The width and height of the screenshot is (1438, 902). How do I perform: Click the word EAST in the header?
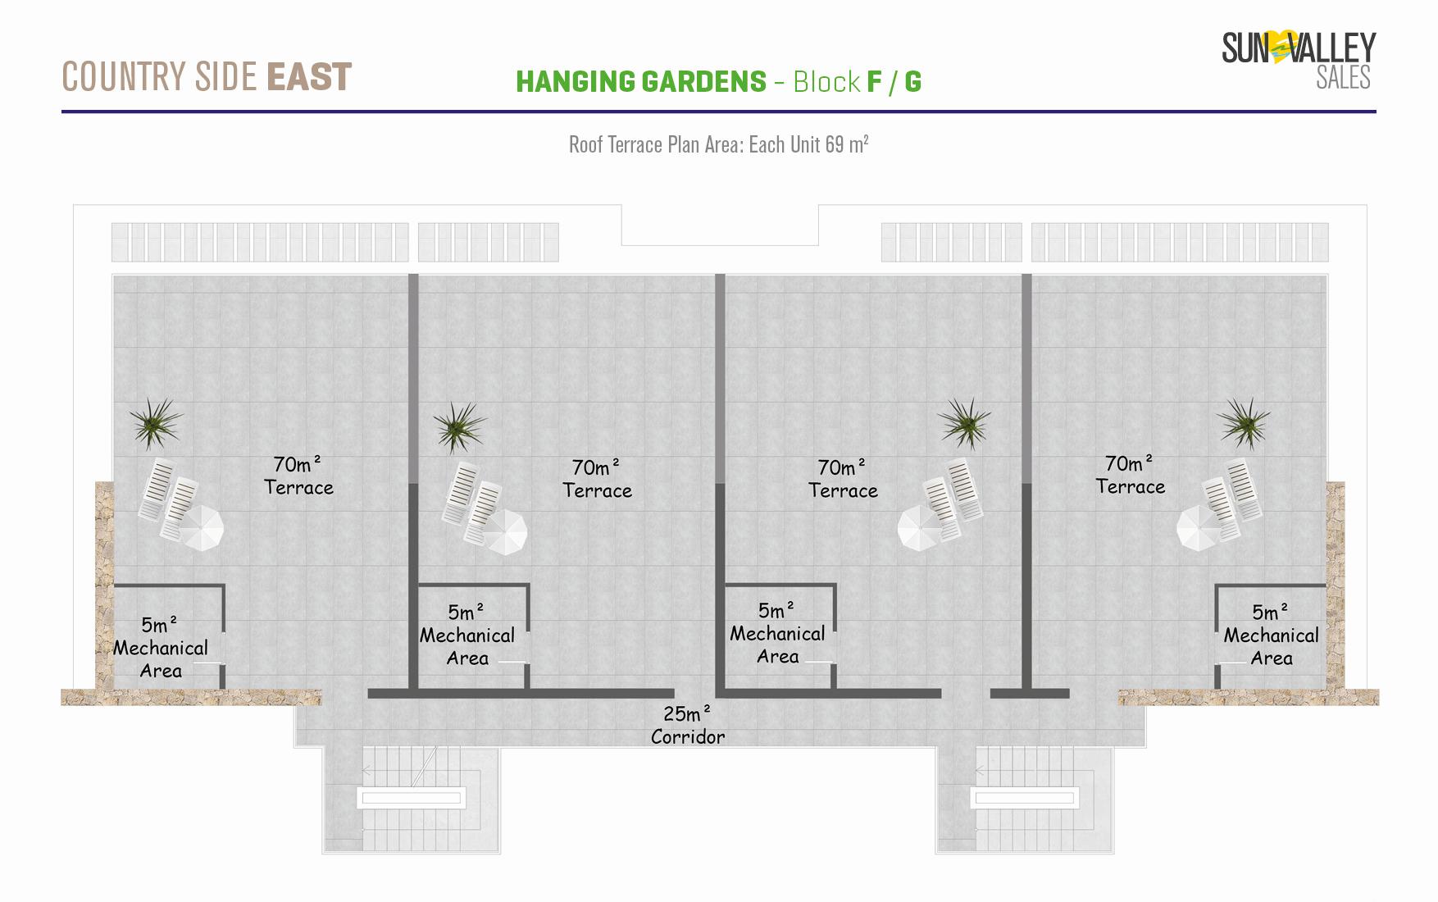point(309,77)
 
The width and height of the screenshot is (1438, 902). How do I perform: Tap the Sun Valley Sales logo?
point(1299,59)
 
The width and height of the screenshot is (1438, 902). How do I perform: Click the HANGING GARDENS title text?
point(641,82)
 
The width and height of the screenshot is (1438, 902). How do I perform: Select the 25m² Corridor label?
point(688,725)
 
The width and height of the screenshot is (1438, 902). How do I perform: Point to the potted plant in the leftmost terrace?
point(155,423)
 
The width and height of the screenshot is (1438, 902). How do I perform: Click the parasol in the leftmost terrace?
point(201,528)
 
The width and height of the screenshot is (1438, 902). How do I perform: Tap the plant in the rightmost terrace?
point(1244,423)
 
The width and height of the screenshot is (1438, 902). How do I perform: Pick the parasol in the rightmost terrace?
point(1200,528)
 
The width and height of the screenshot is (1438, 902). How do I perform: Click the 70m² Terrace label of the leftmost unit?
point(298,476)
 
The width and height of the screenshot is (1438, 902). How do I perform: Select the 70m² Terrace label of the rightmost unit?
point(1130,475)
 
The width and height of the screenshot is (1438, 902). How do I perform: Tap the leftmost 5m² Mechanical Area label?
point(161,647)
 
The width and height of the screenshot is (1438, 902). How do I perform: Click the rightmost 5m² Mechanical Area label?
point(1271,635)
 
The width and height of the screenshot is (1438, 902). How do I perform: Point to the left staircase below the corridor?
point(412,799)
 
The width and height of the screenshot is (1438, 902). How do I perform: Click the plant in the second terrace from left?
point(459,426)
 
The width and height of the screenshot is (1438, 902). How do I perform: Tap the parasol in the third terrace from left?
point(921,528)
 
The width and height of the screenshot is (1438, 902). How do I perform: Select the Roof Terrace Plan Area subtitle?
point(719,145)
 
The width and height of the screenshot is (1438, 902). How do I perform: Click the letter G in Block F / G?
point(912,82)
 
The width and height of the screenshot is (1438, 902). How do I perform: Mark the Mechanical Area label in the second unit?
point(467,635)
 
